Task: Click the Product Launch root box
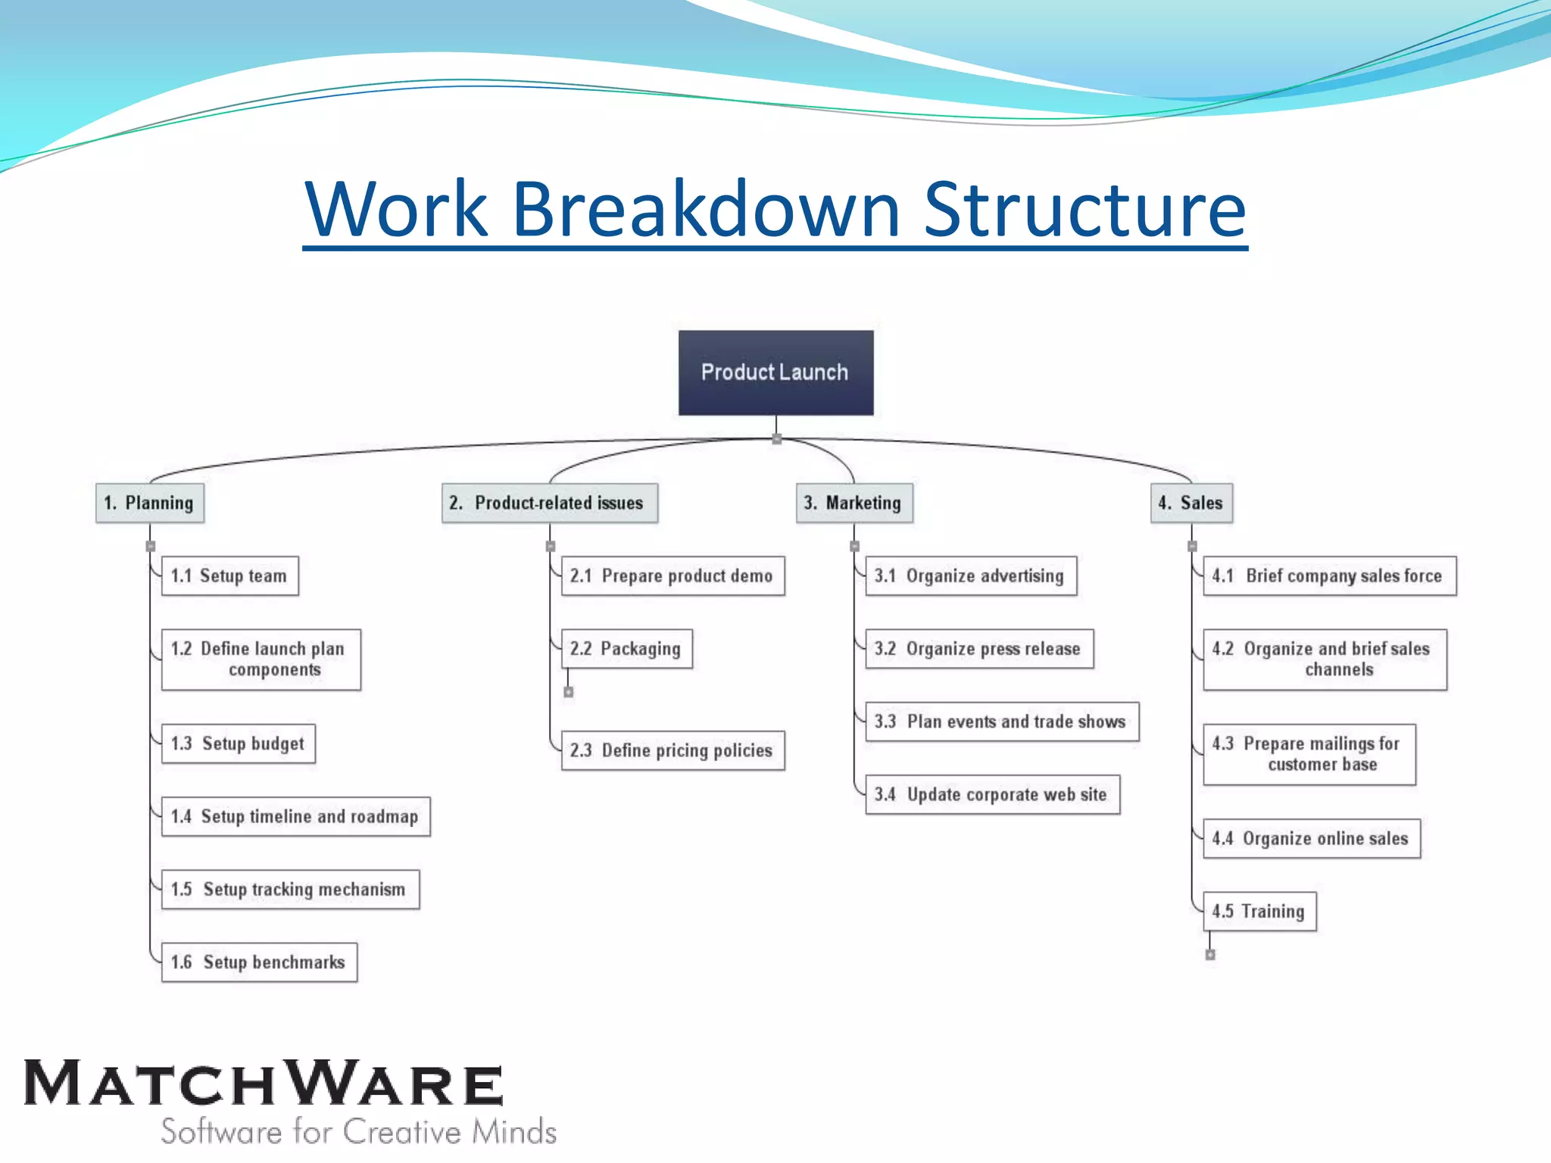(775, 373)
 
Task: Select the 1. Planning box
(150, 503)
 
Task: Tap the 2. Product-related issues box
(550, 503)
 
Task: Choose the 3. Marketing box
(854, 503)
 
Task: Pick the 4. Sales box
(1191, 503)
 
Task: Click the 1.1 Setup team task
(230, 576)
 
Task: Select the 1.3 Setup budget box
(239, 744)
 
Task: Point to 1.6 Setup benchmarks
(259, 962)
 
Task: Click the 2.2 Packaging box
(626, 649)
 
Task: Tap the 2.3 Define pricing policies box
(673, 750)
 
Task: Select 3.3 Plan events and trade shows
(1002, 722)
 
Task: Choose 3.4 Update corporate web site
(992, 794)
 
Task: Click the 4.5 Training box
(1259, 912)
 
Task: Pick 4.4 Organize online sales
(1311, 838)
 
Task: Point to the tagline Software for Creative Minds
(359, 1132)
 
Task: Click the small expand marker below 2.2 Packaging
(569, 692)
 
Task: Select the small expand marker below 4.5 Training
(1210, 955)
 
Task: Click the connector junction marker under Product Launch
(776, 439)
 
